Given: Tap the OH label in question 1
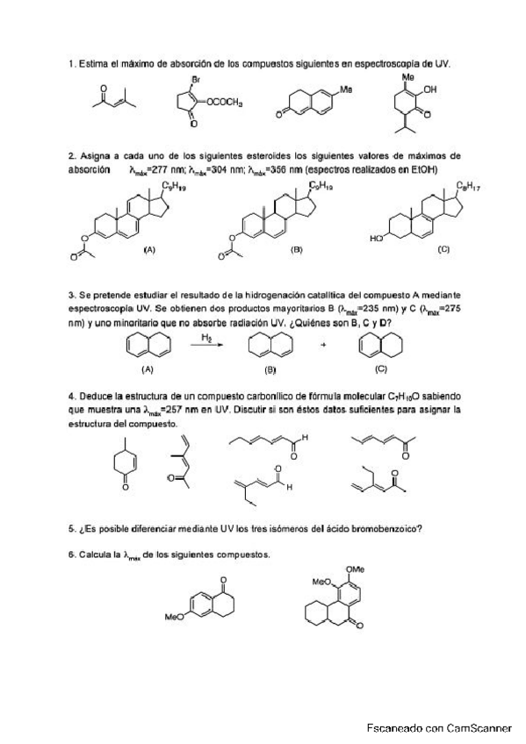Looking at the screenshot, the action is tap(429, 89).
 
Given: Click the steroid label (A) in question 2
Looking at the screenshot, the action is tap(148, 250).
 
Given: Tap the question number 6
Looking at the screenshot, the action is tap(71, 554).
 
